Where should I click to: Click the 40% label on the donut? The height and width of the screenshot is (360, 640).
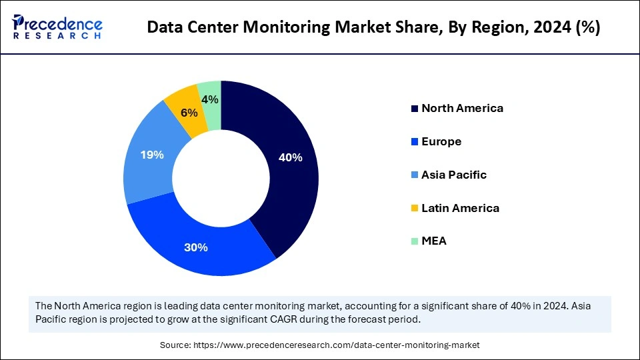(291, 158)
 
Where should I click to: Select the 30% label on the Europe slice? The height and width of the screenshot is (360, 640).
(196, 247)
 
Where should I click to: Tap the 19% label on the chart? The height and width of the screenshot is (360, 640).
(152, 155)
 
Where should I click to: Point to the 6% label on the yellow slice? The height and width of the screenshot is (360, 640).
(189, 113)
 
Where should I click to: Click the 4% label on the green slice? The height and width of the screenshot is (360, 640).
(210, 99)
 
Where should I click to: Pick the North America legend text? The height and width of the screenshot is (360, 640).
(462, 108)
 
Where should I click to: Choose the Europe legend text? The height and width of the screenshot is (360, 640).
(441, 141)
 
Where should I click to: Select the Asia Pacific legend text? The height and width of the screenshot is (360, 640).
(454, 175)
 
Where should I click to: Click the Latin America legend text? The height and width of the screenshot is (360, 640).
(460, 208)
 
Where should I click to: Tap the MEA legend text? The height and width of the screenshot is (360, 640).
(434, 241)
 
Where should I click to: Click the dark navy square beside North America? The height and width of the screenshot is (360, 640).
(415, 109)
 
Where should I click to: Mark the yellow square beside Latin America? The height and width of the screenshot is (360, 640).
(415, 209)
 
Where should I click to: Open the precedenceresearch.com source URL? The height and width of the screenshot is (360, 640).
(336, 345)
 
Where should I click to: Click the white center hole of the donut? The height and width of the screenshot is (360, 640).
(221, 178)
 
